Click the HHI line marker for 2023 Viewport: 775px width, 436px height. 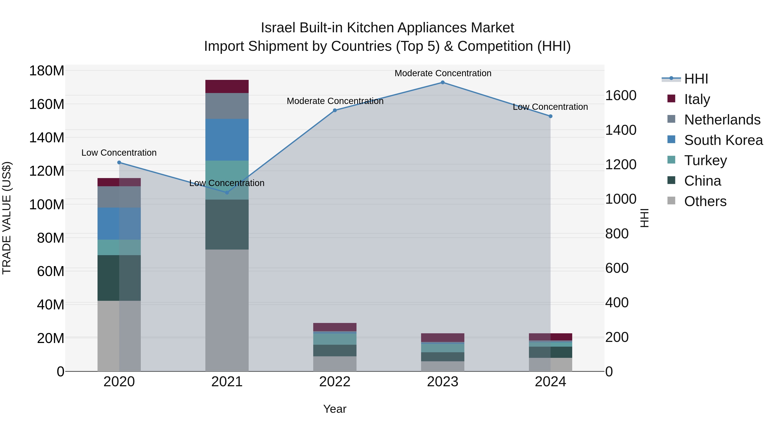tap(443, 82)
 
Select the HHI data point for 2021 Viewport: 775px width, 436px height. tap(227, 192)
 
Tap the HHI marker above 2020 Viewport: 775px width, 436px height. tap(119, 163)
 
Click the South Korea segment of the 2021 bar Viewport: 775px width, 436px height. tap(227, 140)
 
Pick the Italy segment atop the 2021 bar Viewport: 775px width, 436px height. tap(227, 86)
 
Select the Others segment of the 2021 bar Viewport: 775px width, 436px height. tap(227, 310)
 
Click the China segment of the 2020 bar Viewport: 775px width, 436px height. tap(119, 278)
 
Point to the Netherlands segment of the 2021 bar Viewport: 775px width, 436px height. tap(227, 106)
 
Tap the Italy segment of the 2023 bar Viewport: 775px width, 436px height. tap(443, 337)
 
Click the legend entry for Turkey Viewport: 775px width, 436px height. tap(705, 160)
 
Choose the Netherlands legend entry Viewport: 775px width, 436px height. tap(722, 120)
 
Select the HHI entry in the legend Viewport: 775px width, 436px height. tap(696, 79)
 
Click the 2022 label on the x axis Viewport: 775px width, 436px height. tap(335, 382)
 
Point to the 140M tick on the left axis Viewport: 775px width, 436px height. tap(47, 138)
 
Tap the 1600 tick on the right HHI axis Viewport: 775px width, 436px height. tap(621, 96)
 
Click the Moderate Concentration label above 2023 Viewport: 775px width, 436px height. tap(443, 73)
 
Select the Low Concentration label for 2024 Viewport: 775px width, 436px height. tap(550, 107)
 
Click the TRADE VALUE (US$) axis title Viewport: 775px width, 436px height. tap(7, 218)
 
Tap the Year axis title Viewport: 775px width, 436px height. tap(335, 409)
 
